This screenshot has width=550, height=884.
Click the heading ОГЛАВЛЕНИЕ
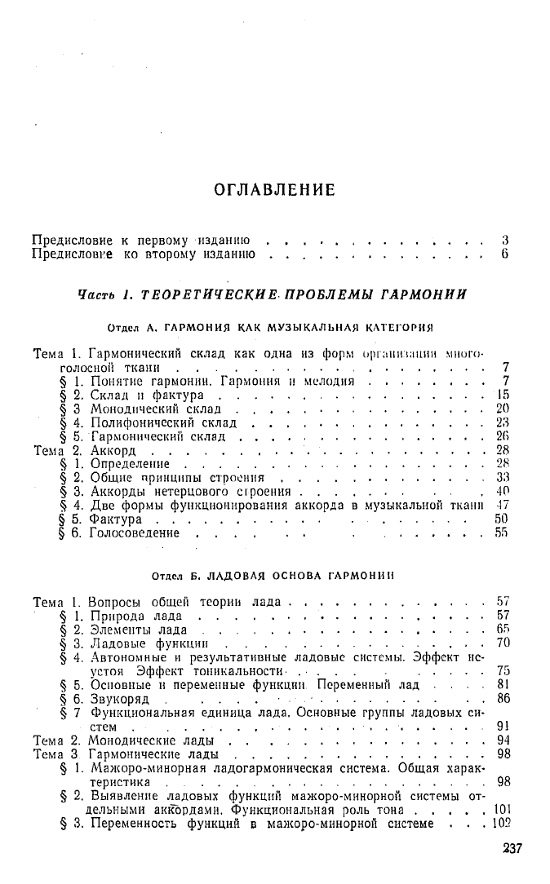[274, 190]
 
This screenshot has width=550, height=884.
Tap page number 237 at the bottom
[512, 849]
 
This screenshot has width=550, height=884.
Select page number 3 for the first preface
[506, 241]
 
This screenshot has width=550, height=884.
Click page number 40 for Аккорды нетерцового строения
[503, 492]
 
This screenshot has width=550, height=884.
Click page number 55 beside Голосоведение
[503, 533]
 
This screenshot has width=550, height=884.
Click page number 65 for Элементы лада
[503, 629]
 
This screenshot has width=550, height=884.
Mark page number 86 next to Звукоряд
[503, 698]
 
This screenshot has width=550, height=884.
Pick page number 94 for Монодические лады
[503, 740]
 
